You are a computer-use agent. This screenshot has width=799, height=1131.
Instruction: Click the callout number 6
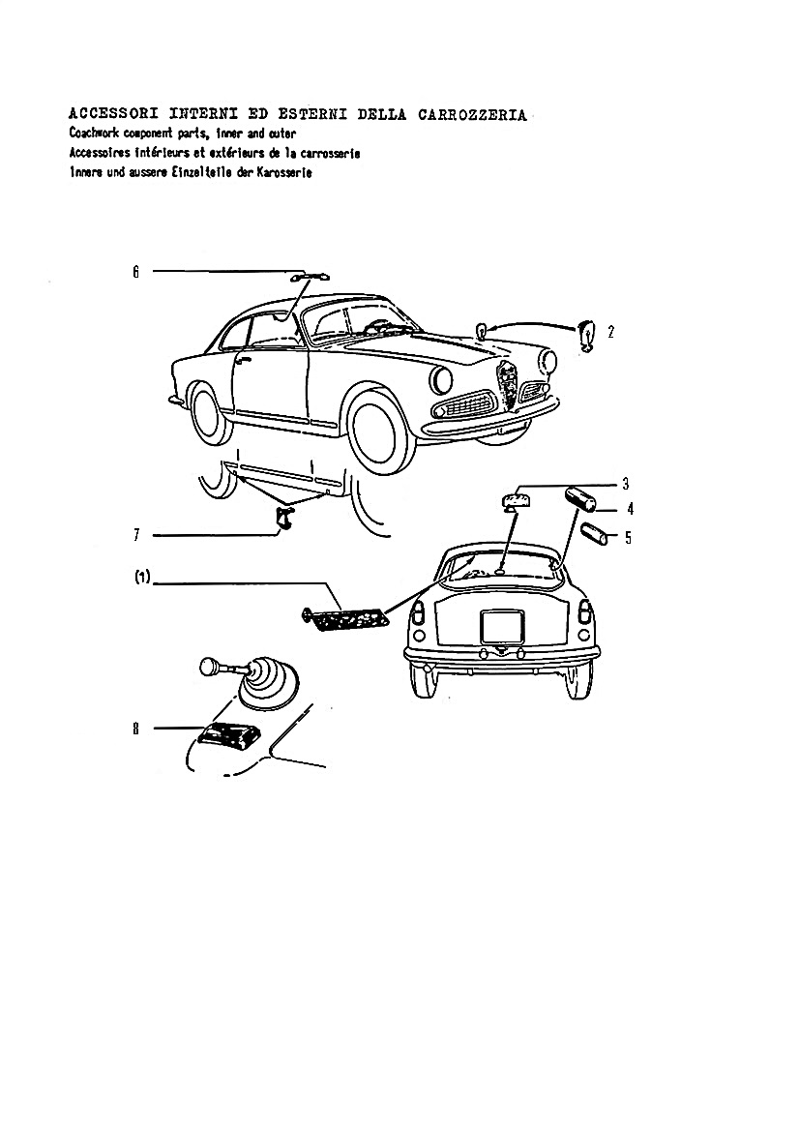point(135,272)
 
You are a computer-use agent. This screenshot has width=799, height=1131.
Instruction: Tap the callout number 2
point(610,332)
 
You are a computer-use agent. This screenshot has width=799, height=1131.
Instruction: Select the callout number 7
point(135,535)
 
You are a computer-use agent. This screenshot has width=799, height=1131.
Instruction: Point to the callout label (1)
point(142,577)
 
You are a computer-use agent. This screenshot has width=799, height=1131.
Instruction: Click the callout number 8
point(135,729)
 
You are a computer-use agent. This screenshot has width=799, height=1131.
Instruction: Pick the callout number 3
point(626,484)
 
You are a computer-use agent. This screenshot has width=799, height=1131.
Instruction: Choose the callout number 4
point(631,509)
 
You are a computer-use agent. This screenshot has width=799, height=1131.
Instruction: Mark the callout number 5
point(628,537)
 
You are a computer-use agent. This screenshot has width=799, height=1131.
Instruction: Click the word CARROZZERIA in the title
point(472,115)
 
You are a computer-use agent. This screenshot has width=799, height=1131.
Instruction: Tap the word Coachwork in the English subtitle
point(95,134)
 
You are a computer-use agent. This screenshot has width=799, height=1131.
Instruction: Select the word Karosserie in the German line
point(284,173)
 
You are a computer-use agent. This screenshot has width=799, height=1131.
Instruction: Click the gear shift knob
point(209,667)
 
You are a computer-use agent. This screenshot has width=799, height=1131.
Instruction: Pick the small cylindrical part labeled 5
point(595,535)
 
